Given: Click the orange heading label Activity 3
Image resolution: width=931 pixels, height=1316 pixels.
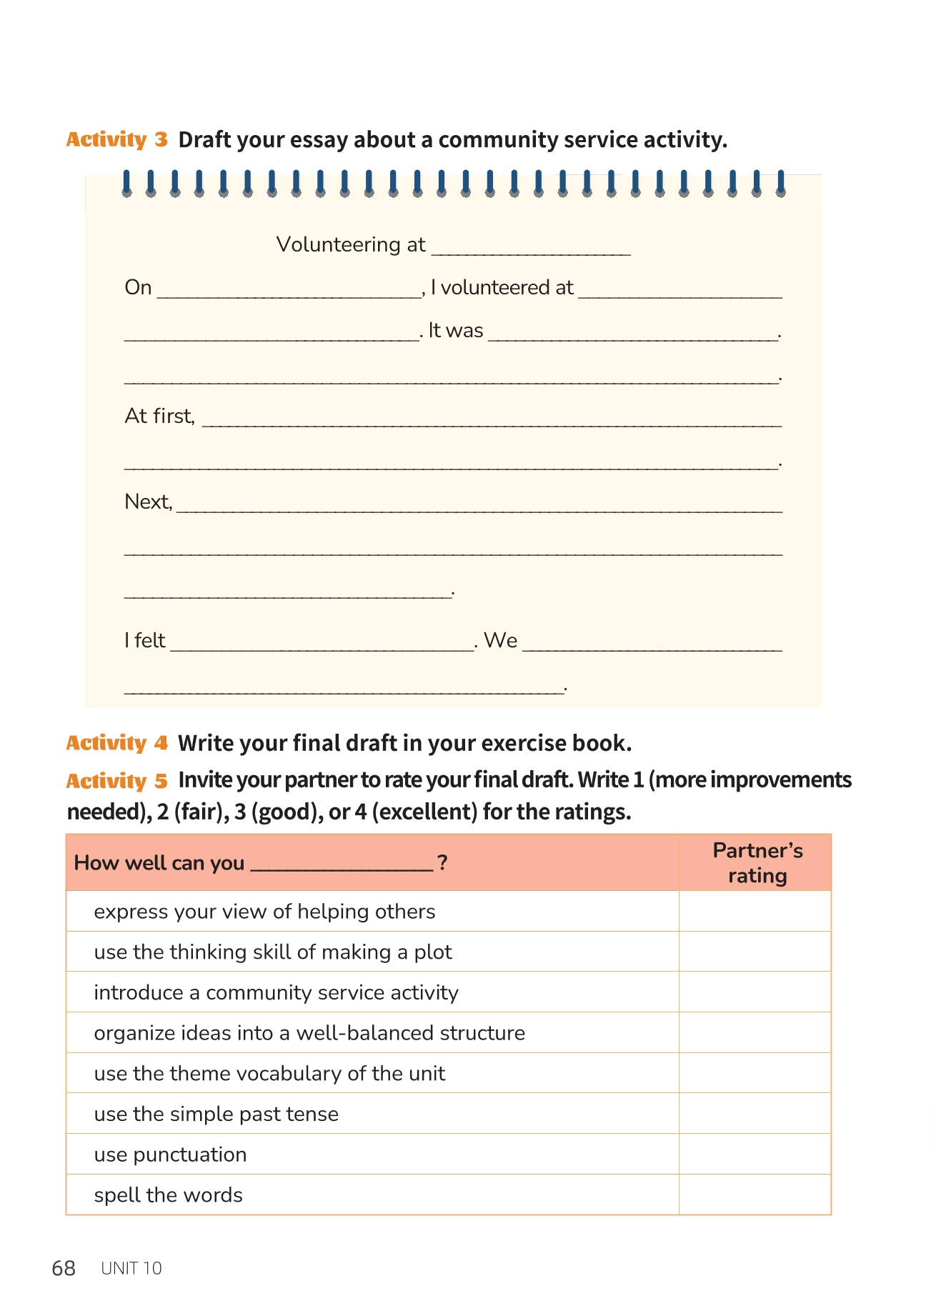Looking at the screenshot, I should (x=116, y=139).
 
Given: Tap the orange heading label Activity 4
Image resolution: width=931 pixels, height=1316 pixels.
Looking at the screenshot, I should (x=116, y=744).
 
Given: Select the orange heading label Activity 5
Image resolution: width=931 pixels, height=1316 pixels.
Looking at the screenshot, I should (x=116, y=781).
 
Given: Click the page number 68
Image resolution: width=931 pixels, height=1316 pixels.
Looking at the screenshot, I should (x=64, y=1268).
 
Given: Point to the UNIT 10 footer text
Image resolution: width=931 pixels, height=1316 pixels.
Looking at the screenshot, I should (x=131, y=1268).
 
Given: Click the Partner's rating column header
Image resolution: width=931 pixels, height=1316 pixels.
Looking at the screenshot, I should (x=757, y=863).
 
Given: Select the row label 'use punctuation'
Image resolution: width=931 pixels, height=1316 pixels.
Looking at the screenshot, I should (x=170, y=1155).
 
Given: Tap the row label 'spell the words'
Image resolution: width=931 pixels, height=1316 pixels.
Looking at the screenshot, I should (x=168, y=1195).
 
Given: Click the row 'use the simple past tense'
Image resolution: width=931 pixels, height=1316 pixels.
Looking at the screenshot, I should (x=216, y=1114).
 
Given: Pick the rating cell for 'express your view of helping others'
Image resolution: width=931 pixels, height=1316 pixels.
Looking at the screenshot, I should (x=755, y=912).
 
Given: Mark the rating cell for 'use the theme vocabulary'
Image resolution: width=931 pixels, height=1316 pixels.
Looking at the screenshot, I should (x=755, y=1073).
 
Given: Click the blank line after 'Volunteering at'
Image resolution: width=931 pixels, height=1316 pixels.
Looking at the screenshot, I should (x=531, y=250).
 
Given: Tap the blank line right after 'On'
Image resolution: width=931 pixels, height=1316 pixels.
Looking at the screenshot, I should (x=289, y=293).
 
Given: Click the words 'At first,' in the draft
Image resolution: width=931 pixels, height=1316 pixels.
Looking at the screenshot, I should (x=159, y=416).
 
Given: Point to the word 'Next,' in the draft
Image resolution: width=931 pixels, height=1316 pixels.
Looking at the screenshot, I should (x=148, y=502).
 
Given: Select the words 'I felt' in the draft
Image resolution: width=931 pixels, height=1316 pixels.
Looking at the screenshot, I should (x=144, y=640).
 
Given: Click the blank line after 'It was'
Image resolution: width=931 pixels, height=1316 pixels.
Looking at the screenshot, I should (x=633, y=336).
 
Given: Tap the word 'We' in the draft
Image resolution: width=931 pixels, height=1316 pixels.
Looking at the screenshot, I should (x=500, y=640).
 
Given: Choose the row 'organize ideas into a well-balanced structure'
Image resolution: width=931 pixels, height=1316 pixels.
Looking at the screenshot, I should (x=309, y=1033).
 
